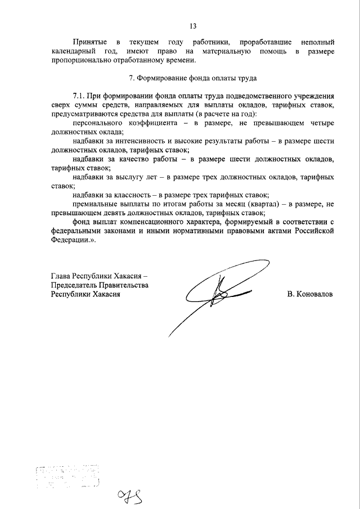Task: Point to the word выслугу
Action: [134, 177]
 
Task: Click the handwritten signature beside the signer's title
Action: [219, 292]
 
